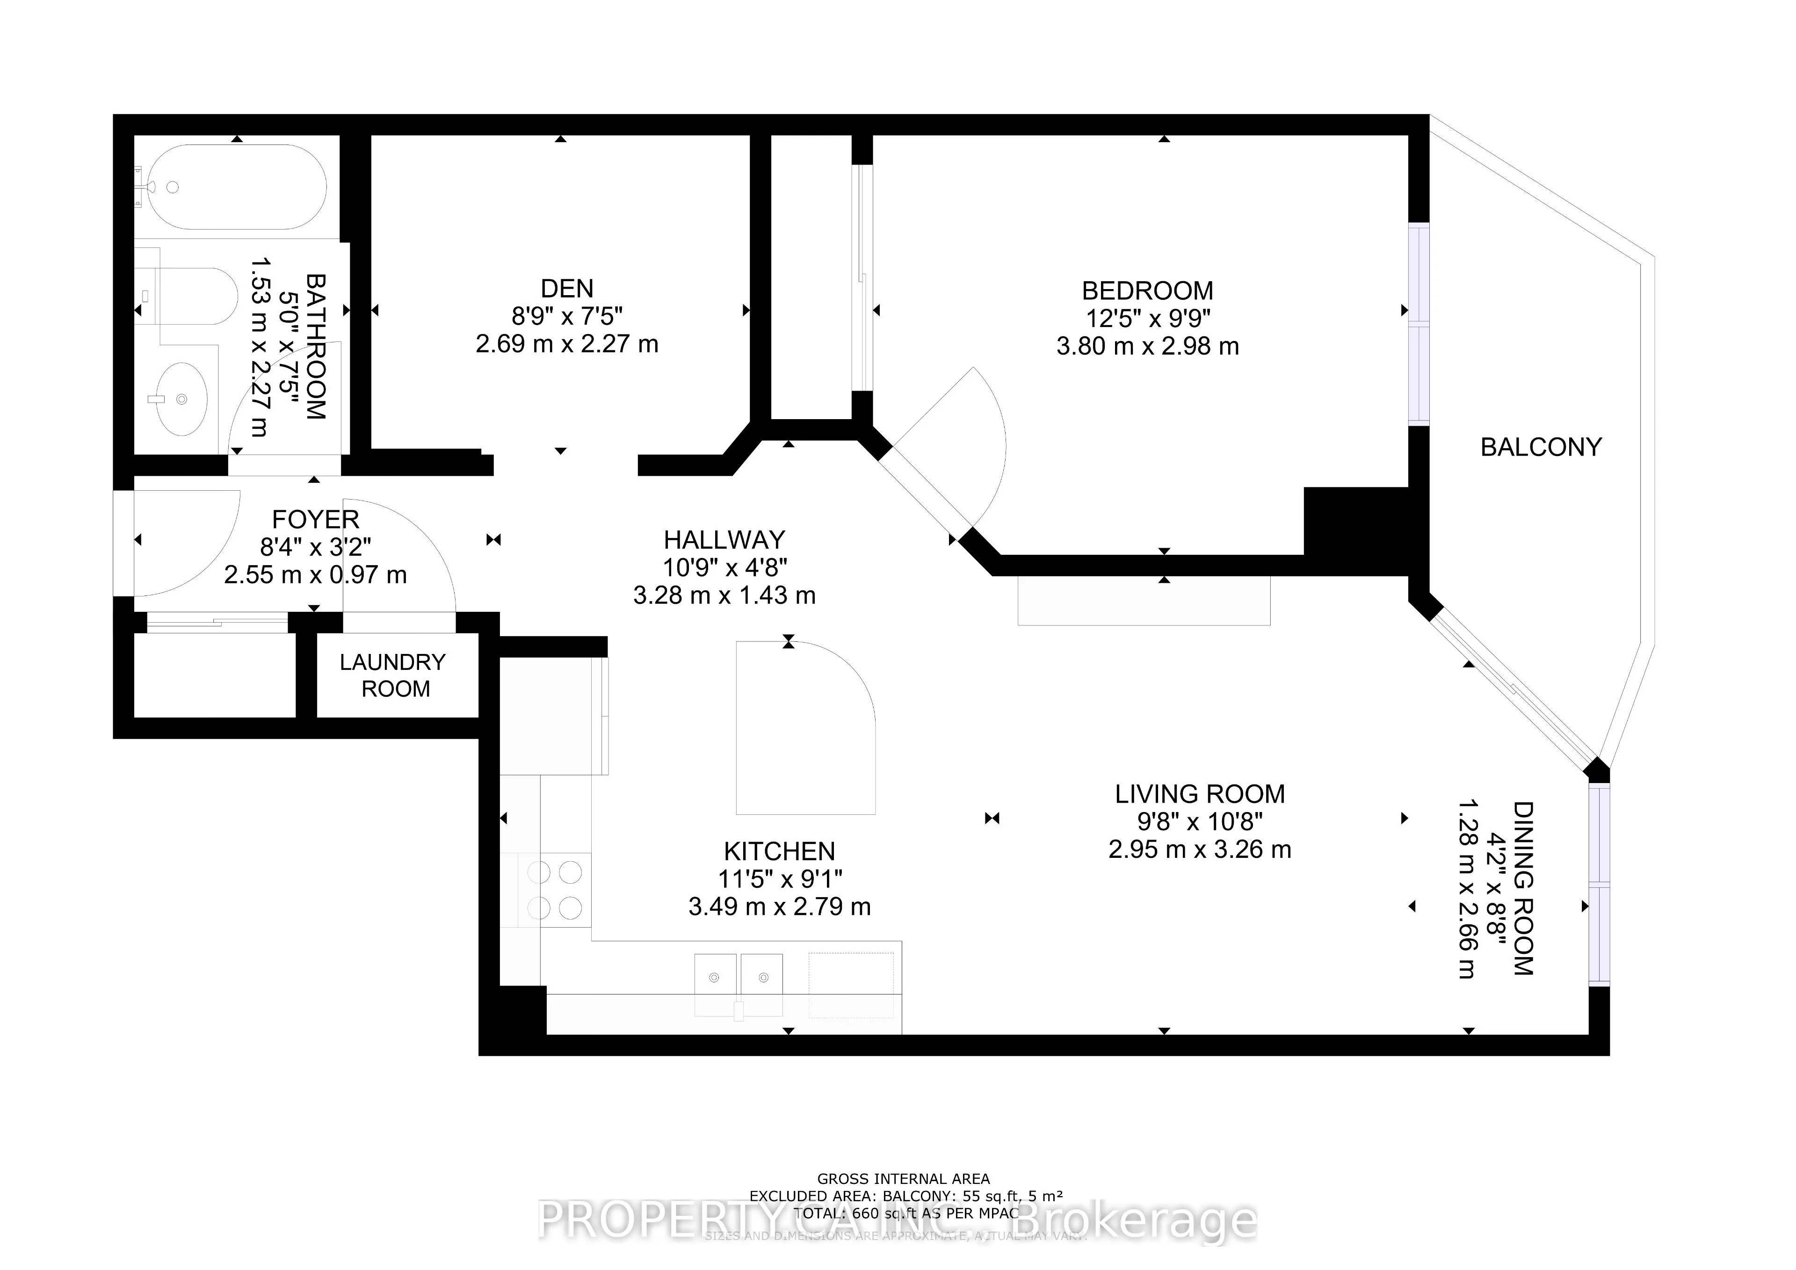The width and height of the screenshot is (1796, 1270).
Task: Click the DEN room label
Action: [x=567, y=289]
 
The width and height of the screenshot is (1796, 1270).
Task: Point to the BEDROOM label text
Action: [x=1148, y=291]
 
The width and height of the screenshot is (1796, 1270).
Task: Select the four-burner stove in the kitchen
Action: [x=555, y=890]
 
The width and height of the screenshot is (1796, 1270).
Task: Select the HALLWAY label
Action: [x=724, y=540]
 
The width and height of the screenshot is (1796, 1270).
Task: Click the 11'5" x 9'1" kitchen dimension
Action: [x=780, y=879]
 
